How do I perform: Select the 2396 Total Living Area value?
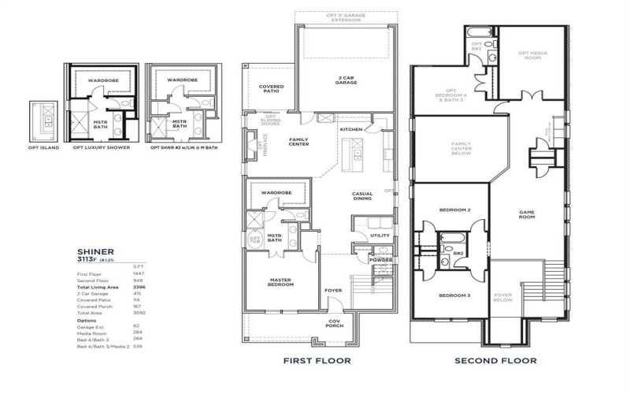(x=140, y=288)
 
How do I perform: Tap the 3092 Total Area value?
(x=140, y=314)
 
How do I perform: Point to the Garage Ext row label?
(x=89, y=325)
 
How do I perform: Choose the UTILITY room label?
(x=380, y=234)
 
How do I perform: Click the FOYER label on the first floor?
(x=334, y=290)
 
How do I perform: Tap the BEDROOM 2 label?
(x=454, y=210)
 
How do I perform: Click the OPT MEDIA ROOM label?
(x=533, y=55)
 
